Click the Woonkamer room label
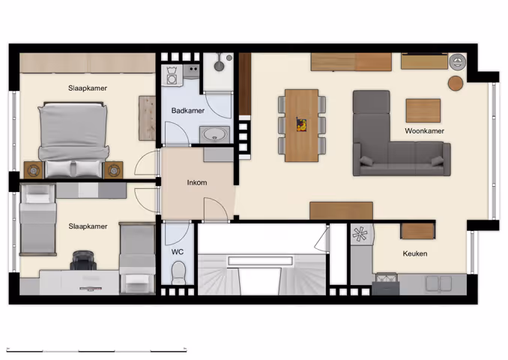[x=424, y=130]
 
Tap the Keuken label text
[x=414, y=253]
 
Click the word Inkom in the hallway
[x=197, y=182]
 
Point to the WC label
[x=178, y=252]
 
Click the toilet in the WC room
[x=178, y=277]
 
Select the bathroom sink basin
[x=216, y=134]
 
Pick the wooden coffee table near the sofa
[x=423, y=111]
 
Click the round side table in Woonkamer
[x=456, y=82]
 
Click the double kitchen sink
[x=438, y=283]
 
